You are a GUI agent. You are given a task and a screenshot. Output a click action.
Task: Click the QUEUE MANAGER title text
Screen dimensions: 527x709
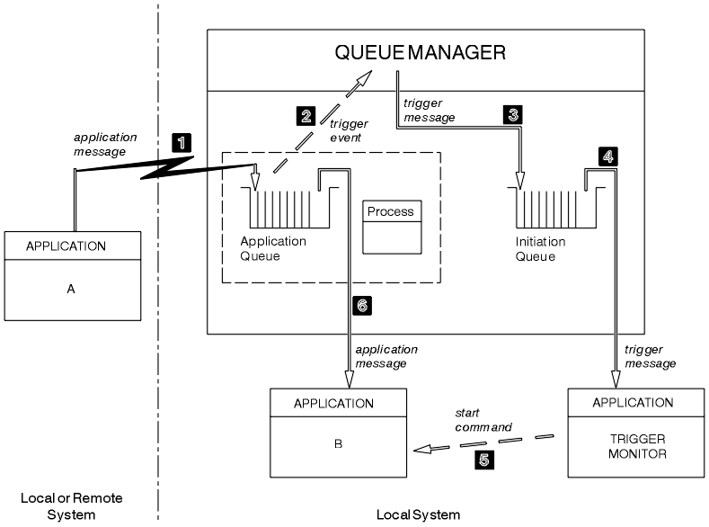click(421, 52)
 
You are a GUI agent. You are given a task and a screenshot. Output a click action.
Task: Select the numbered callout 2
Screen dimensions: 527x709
click(306, 115)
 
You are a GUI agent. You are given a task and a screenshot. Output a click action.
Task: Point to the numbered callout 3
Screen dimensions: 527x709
click(514, 115)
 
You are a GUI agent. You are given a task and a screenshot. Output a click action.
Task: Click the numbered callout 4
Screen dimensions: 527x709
click(607, 156)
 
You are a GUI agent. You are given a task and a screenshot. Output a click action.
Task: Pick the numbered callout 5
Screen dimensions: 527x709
click(483, 459)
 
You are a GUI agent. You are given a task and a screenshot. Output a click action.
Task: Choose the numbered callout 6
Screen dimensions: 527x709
click(362, 307)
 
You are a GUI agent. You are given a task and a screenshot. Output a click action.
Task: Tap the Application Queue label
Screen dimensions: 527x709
click(273, 249)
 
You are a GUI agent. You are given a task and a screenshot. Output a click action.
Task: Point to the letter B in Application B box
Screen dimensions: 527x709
click(338, 442)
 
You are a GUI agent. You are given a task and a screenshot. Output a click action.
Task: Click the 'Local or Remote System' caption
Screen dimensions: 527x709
click(71, 505)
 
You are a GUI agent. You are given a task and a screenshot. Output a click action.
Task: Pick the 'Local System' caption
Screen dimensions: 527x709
click(418, 514)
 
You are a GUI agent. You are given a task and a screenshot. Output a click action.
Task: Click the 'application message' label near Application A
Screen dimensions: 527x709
click(105, 145)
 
